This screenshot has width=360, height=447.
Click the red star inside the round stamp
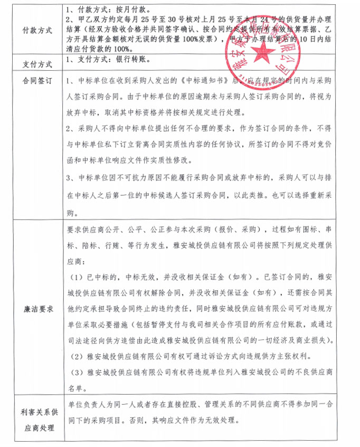pyautogui.click(x=260, y=51)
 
